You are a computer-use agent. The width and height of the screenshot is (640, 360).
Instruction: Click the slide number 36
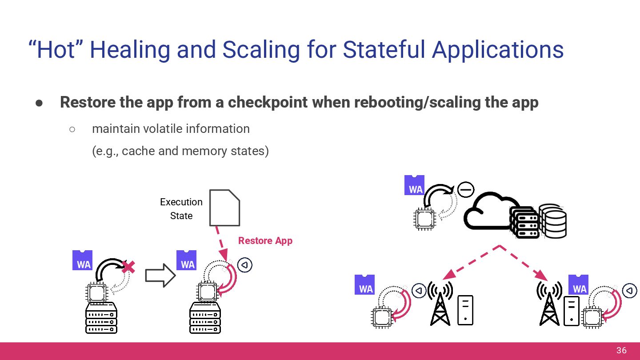tap(621, 351)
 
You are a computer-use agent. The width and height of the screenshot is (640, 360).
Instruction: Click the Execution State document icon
tap(224, 208)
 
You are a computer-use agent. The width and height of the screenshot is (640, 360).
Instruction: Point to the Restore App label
tap(265, 241)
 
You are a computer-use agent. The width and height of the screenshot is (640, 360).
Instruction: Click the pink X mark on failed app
tap(128, 267)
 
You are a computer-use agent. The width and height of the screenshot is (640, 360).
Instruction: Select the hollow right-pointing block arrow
tap(160, 276)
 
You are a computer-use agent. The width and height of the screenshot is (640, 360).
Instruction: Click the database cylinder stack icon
tap(552, 221)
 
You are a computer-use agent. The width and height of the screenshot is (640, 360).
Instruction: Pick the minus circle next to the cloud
tap(466, 190)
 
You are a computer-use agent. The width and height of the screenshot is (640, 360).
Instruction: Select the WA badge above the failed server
tap(83, 261)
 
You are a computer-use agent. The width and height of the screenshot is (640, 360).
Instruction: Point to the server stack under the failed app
tap(101, 318)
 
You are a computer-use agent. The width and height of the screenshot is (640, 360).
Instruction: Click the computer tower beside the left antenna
tap(465, 310)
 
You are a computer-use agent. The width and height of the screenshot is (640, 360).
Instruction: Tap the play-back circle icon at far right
tap(629, 291)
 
